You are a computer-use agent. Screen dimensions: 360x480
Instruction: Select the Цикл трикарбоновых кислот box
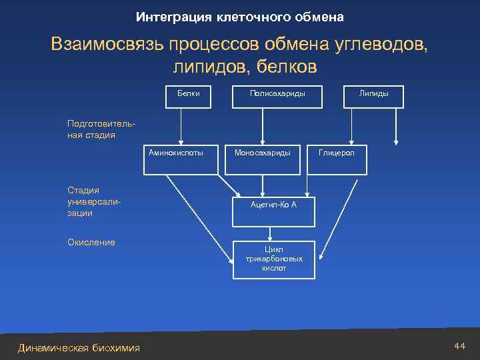[x=273, y=259]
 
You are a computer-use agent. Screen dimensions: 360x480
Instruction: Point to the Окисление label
[x=91, y=242]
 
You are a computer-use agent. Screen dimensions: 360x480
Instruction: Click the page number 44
[x=459, y=346]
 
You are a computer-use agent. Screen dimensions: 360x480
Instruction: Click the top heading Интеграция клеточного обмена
[x=239, y=16]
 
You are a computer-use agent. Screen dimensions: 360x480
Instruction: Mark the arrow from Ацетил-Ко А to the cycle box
[x=270, y=232]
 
